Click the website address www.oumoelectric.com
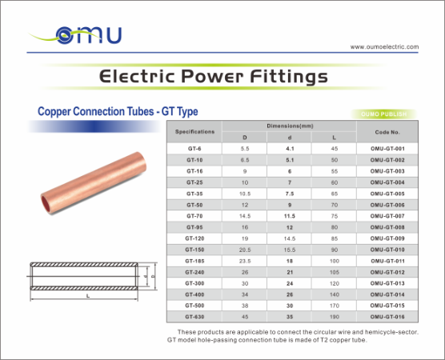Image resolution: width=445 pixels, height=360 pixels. [384, 46]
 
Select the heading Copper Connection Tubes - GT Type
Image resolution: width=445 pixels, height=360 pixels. [112, 111]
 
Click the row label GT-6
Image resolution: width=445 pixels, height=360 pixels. [194, 149]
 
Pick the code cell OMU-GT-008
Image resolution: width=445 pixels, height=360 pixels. [386, 227]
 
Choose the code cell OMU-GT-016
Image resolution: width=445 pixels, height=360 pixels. [386, 317]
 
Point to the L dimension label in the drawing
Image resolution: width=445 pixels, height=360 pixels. [87, 297]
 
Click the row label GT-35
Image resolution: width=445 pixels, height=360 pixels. [194, 194]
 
